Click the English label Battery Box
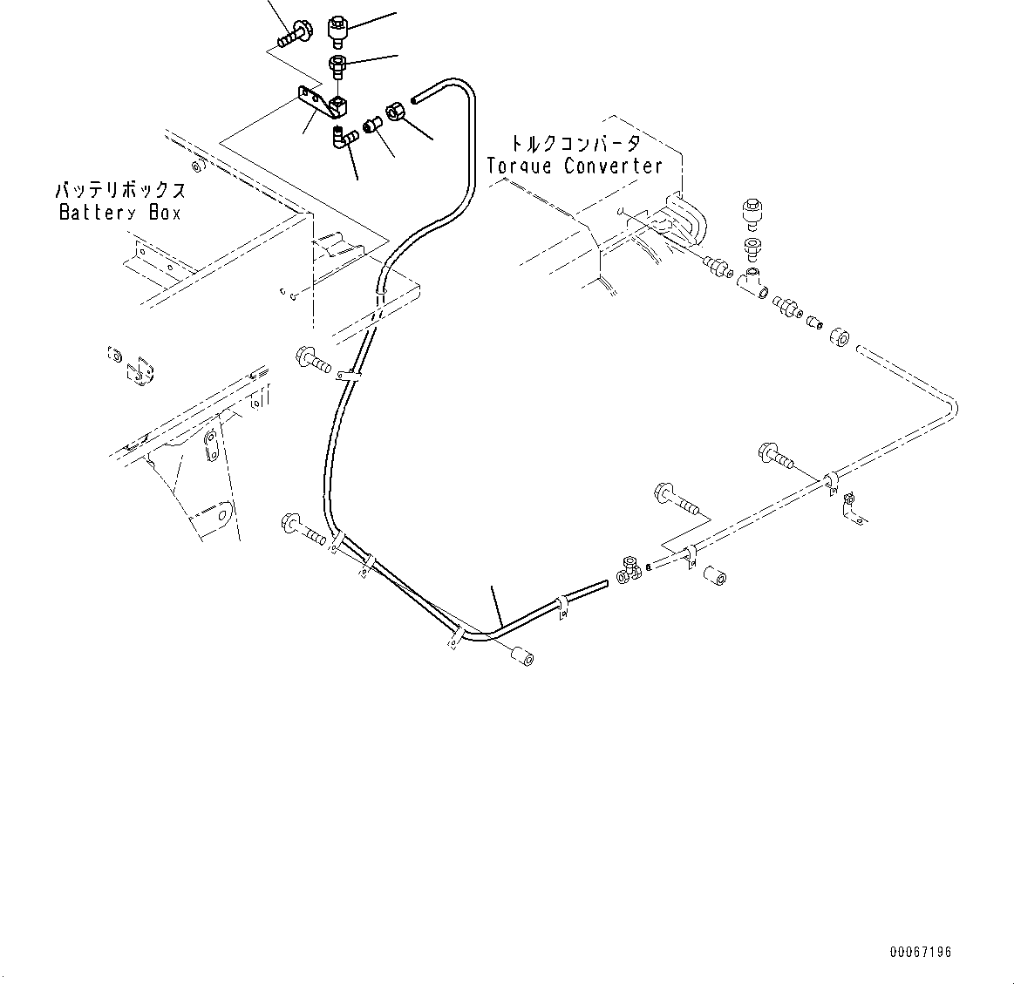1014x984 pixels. click(119, 212)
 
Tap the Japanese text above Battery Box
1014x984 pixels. click(120, 191)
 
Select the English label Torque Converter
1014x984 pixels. click(575, 166)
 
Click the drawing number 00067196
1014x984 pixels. click(921, 952)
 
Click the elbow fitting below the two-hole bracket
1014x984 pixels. click(344, 138)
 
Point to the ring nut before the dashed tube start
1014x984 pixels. click(839, 336)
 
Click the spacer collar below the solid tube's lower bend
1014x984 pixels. click(521, 655)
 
